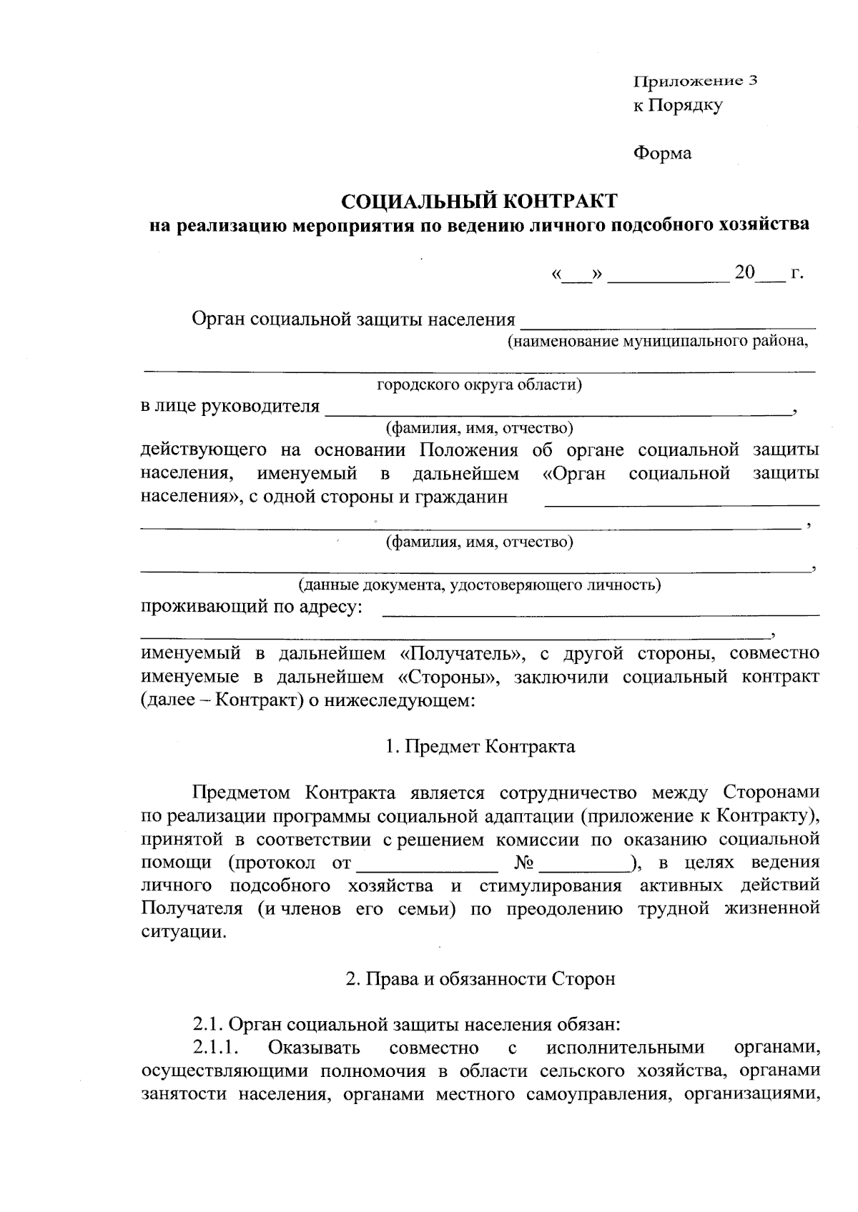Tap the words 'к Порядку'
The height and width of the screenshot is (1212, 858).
pyautogui.click(x=678, y=106)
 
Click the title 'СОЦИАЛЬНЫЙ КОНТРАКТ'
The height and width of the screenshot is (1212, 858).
pyautogui.click(x=478, y=200)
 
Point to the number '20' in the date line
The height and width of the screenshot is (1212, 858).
pyautogui.click(x=744, y=272)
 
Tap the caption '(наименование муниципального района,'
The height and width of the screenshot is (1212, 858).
pyautogui.click(x=658, y=341)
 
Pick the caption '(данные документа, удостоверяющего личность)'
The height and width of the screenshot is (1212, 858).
pyautogui.click(x=479, y=585)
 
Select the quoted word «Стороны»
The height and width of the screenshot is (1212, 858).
pyautogui.click(x=447, y=677)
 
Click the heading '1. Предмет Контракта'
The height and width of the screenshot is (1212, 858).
pyautogui.click(x=479, y=747)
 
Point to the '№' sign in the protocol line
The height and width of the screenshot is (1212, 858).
pyautogui.click(x=524, y=863)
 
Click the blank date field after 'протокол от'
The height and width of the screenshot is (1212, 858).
pyautogui.click(x=427, y=864)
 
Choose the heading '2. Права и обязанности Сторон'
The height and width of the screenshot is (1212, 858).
pyautogui.click(x=480, y=979)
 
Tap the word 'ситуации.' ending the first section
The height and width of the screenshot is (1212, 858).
pyautogui.click(x=184, y=933)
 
